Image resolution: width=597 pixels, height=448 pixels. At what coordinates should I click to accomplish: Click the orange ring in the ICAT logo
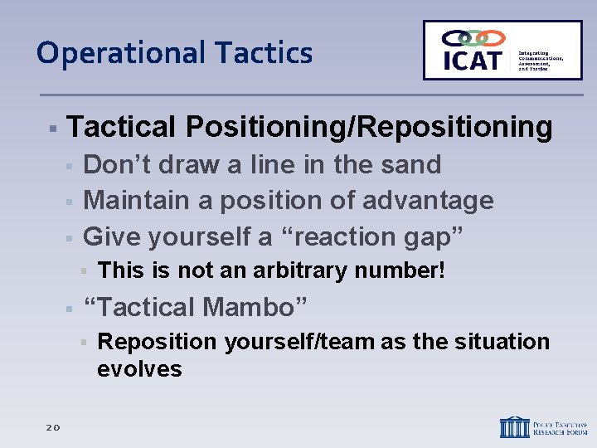tap(492, 38)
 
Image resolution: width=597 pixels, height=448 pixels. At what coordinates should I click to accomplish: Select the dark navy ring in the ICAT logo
tap(455, 38)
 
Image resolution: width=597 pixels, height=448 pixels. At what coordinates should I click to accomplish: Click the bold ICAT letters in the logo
tap(472, 60)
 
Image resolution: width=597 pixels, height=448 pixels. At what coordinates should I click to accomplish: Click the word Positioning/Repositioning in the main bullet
tap(369, 127)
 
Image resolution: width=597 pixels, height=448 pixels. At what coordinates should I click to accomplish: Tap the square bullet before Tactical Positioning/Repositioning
tap(51, 129)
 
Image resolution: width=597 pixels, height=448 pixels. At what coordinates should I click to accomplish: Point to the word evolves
tap(139, 369)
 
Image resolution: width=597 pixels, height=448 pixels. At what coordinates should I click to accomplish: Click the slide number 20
tap(52, 426)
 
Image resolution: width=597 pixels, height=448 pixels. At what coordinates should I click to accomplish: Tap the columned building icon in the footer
tap(514, 426)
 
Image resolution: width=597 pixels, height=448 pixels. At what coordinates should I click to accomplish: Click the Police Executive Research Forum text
tap(560, 426)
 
